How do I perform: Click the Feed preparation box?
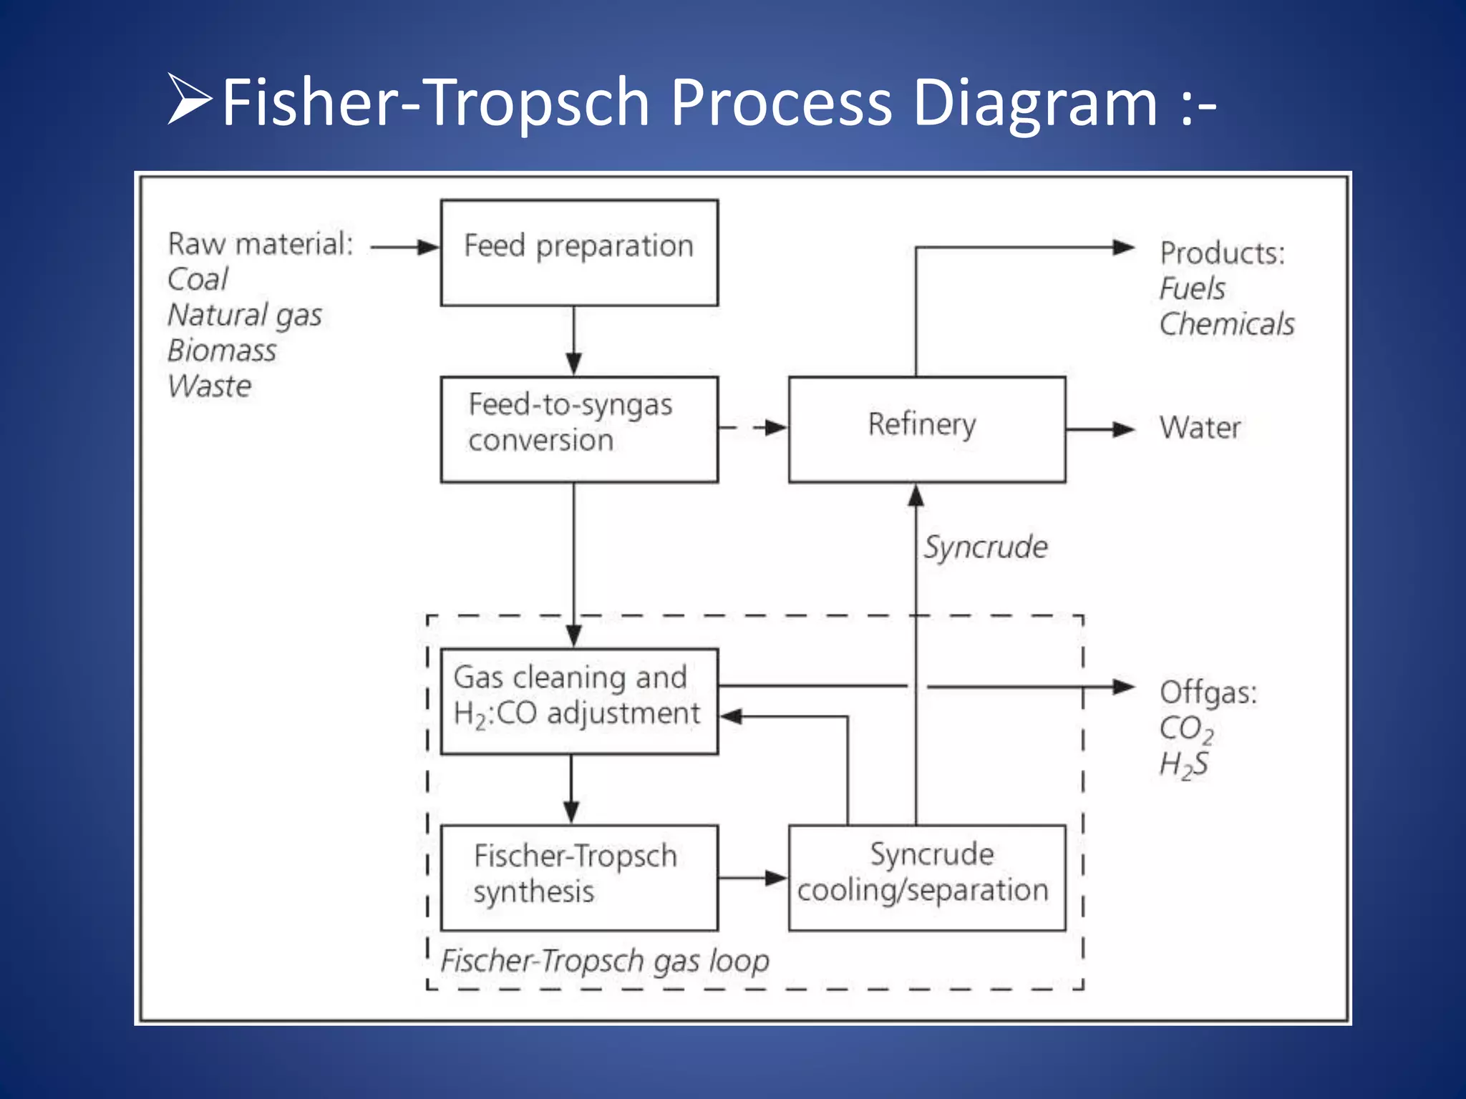(579, 253)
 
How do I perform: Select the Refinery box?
(926, 429)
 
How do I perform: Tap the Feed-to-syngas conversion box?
(579, 429)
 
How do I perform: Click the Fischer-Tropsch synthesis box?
(579, 877)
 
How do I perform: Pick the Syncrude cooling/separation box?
(926, 877)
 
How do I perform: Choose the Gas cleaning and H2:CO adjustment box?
(579, 701)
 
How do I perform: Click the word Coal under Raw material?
(198, 280)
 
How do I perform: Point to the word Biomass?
(222, 351)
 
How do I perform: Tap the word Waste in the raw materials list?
(210, 387)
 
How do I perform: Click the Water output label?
(1200, 428)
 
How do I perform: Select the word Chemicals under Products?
(1227, 325)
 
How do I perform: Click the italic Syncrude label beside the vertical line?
(985, 547)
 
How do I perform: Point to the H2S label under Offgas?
(1184, 765)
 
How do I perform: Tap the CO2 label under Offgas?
(1186, 729)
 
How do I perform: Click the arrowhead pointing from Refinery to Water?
(1124, 429)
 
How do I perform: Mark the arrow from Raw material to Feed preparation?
(404, 248)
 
